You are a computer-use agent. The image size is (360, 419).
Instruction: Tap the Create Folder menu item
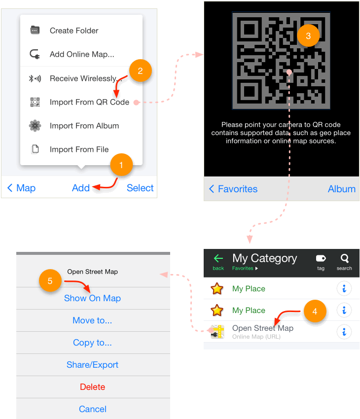(74, 31)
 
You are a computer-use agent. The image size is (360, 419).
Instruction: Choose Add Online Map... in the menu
(82, 54)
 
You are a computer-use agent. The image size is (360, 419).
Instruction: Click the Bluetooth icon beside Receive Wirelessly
(35, 78)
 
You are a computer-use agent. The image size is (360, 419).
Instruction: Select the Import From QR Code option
(89, 102)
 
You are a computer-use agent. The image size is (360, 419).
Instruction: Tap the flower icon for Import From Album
(35, 126)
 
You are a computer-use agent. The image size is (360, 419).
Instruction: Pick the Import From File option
(79, 149)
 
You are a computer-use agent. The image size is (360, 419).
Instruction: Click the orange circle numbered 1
(121, 165)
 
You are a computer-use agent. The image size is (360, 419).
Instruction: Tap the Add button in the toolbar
(81, 188)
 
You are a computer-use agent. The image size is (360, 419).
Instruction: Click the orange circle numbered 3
(308, 36)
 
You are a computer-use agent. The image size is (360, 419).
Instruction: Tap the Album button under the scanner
(342, 189)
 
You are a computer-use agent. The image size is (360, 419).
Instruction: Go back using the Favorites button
(233, 189)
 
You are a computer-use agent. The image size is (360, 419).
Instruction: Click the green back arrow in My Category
(218, 258)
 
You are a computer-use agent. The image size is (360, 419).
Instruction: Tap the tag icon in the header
(321, 258)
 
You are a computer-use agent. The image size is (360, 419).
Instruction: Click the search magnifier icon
(345, 258)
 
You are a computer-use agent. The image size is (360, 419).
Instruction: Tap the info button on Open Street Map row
(344, 332)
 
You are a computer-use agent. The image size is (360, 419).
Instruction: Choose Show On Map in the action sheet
(93, 298)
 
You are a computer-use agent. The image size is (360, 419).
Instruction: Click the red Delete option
(93, 387)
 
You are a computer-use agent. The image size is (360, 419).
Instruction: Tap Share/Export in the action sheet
(93, 365)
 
